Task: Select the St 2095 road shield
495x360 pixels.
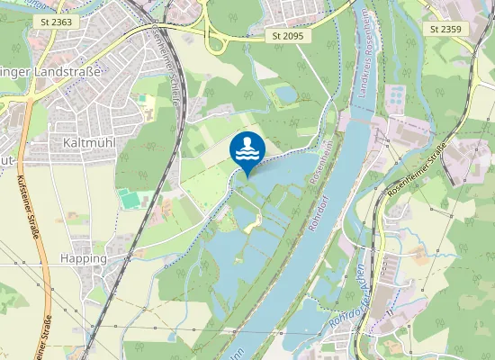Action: click(x=288, y=36)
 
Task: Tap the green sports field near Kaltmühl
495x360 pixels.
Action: click(x=129, y=197)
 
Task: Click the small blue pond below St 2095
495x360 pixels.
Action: click(x=285, y=93)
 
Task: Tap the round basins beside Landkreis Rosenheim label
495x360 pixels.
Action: click(x=395, y=94)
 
